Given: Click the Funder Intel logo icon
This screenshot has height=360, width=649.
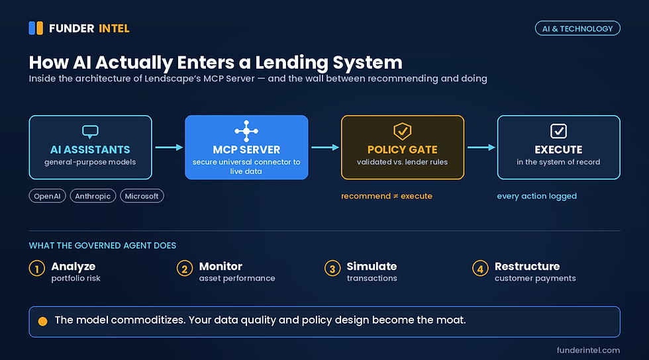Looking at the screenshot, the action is [36, 28].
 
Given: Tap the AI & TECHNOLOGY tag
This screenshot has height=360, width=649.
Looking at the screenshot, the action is [577, 28].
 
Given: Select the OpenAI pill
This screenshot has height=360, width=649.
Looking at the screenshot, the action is [47, 196].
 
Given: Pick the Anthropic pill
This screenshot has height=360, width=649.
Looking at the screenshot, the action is [93, 196].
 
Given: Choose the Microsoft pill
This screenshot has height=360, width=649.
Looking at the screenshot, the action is [142, 196].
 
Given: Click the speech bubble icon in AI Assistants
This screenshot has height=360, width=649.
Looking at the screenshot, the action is [90, 132].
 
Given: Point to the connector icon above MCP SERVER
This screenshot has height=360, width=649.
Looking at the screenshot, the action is [246, 131].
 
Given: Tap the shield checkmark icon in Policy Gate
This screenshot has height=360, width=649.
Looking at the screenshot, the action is [403, 131].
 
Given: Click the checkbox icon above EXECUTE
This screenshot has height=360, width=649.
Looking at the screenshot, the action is [558, 131].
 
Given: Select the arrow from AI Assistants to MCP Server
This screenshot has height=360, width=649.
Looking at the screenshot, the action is [169, 148].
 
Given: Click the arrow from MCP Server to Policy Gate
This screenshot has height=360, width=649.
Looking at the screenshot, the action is [325, 148].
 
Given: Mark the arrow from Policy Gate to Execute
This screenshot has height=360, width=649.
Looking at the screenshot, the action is [481, 148].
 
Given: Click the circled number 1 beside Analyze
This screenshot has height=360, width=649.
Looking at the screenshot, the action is [37, 268].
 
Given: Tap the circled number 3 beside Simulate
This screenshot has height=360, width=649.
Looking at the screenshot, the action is [332, 268].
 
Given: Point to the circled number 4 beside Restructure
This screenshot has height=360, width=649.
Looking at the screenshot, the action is [480, 268].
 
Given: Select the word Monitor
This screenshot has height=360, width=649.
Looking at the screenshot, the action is [221, 266].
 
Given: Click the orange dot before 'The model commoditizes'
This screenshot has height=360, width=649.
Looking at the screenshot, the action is [42, 322].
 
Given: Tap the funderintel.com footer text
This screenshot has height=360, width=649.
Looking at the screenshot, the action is [588, 350].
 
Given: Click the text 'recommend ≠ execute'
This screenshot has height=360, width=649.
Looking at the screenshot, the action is [387, 196].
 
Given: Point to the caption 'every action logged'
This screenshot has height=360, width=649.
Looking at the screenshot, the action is [537, 196].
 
